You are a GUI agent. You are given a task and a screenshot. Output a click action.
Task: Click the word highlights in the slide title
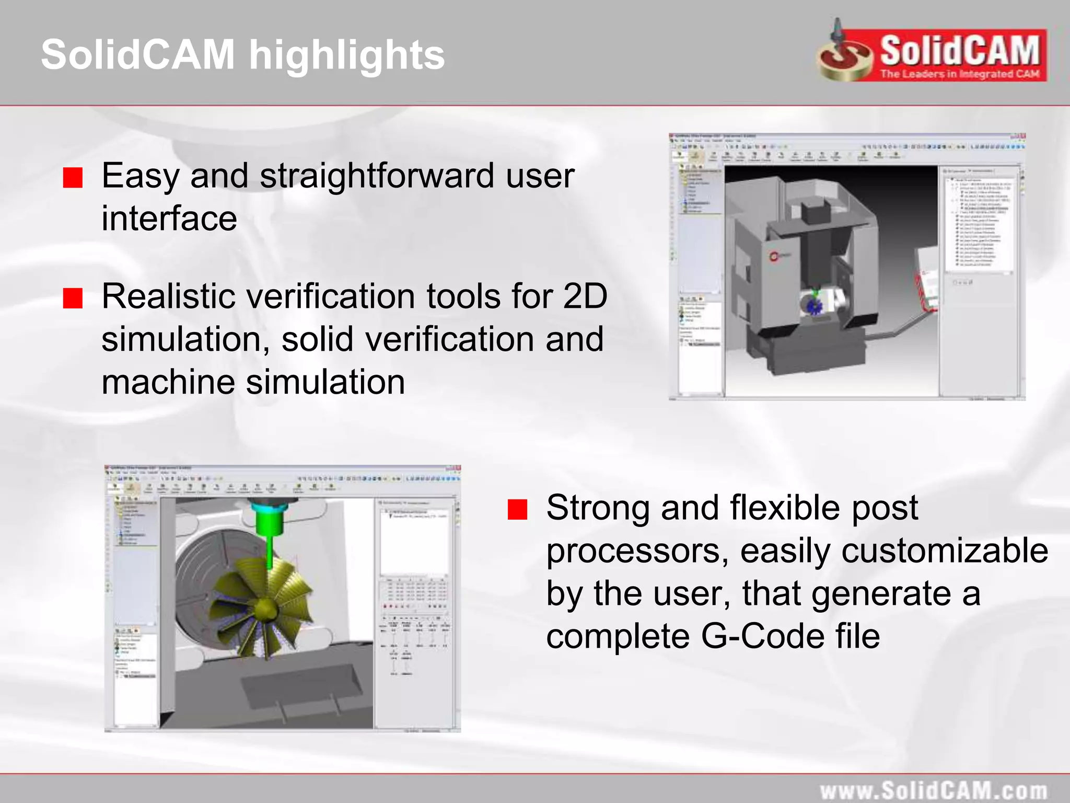point(347,55)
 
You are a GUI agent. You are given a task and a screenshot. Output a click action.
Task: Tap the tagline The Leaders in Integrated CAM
point(959,74)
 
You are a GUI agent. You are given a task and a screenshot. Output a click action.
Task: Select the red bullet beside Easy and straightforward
point(73,178)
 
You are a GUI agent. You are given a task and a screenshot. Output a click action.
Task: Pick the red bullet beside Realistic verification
point(73,299)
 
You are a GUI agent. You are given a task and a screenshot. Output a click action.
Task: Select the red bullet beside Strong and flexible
point(517,509)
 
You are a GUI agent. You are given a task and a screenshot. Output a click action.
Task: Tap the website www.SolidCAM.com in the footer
point(933,790)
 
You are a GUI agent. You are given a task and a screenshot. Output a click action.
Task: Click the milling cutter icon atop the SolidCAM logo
point(839,32)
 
